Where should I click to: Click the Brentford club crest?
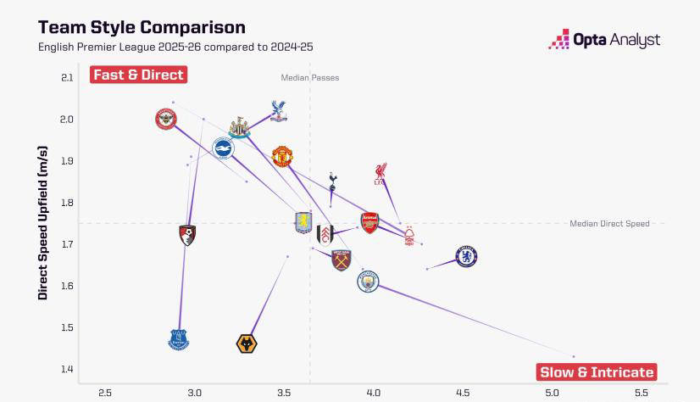166,120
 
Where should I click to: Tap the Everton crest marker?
178,339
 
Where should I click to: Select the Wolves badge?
247,343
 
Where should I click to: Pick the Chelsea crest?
466,255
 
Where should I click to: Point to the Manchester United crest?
282,156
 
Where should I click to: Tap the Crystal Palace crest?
278,110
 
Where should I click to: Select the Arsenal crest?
369,223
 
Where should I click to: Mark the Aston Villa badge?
303,224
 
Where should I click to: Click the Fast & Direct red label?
138,75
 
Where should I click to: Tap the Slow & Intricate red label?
597,371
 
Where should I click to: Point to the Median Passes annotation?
310,78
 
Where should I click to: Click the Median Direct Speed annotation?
609,224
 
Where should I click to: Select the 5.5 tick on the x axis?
641,393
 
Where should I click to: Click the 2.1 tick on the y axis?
67,78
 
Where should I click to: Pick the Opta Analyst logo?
603,39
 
